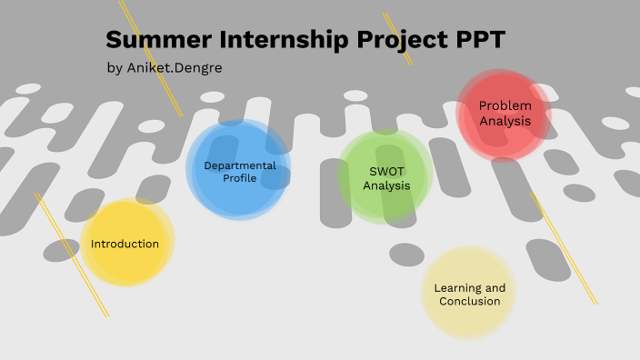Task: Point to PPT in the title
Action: pos(474,40)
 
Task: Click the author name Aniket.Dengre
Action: pos(168,67)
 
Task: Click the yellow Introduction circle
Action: pos(126,244)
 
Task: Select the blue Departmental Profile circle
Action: pos(239,171)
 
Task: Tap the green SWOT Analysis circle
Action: pos(385,177)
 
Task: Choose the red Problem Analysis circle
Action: pos(504,114)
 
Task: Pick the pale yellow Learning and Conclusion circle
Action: pos(469,294)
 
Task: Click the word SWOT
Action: pos(386,171)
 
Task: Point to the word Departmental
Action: pos(240,165)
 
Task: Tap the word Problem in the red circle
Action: pos(505,106)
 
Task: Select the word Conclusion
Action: pos(469,301)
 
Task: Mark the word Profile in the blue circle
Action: pos(240,178)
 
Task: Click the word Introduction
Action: pos(125,244)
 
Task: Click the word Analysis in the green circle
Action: pos(386,185)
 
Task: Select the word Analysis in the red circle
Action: pos(505,121)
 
